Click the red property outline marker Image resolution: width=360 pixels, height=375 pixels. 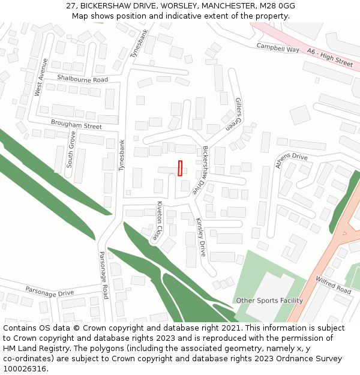(180, 168)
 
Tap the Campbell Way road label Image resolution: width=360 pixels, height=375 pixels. (278, 48)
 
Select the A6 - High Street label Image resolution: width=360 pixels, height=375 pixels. (330, 58)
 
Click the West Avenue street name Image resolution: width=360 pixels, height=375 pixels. (41, 77)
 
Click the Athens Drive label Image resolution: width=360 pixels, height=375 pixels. (291, 161)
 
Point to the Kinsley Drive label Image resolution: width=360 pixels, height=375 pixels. (200, 237)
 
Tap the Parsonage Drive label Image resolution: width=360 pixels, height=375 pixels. (49, 292)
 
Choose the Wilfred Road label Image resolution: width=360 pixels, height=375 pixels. (333, 285)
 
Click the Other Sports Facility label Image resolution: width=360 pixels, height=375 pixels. (269, 301)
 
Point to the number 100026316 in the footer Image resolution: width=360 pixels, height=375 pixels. (25, 368)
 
